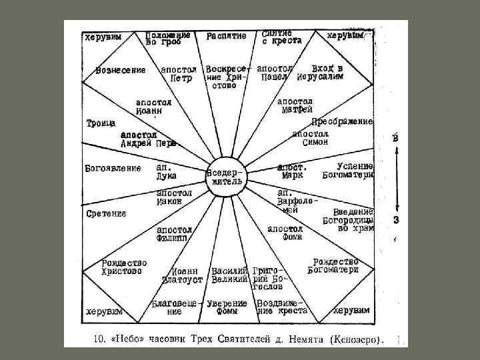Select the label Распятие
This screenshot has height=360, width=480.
click(x=226, y=36)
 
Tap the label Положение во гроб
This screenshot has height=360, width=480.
click(x=168, y=38)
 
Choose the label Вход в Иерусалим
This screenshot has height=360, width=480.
click(x=329, y=73)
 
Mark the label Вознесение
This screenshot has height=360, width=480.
click(x=121, y=71)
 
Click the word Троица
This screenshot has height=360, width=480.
click(x=101, y=123)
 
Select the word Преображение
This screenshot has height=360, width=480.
click(x=342, y=122)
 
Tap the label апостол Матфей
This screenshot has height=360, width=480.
click(x=296, y=105)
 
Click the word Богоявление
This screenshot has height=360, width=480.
click(x=113, y=168)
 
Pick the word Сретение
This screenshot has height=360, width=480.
click(x=107, y=213)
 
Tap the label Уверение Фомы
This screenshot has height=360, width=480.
click(x=227, y=307)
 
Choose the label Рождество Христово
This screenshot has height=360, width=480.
click(x=124, y=267)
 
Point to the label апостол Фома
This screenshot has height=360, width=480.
click(x=285, y=233)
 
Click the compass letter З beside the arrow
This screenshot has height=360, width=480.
click(x=396, y=219)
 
